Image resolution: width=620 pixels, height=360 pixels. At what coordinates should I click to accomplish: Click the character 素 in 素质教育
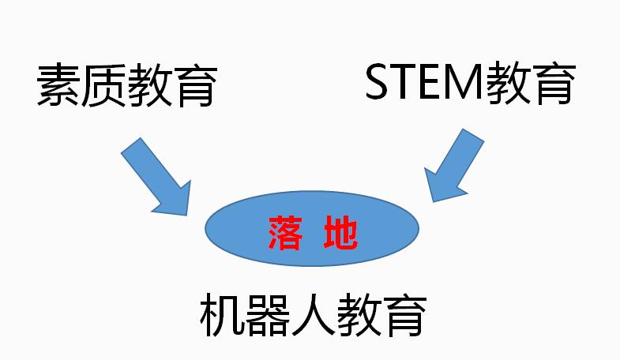pyautogui.click(x=58, y=85)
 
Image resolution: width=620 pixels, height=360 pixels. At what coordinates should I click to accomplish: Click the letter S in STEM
pyautogui.click(x=378, y=83)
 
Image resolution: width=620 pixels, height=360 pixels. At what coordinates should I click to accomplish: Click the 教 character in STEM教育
pyautogui.click(x=507, y=83)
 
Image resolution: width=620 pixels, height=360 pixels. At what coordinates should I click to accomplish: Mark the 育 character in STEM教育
pyautogui.click(x=553, y=83)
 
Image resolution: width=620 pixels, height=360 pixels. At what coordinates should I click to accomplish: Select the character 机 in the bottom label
pyautogui.click(x=223, y=314)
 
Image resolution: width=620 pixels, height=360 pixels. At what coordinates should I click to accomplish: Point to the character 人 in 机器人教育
pyautogui.click(x=314, y=315)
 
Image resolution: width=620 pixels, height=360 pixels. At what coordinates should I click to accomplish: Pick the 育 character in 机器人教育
pyautogui.click(x=405, y=315)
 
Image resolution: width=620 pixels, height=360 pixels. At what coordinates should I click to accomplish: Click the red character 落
pyautogui.click(x=285, y=233)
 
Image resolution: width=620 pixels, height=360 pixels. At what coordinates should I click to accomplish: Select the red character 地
pyautogui.click(x=340, y=233)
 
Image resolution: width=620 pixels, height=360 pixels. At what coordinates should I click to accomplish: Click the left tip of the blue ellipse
pyautogui.click(x=205, y=228)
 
